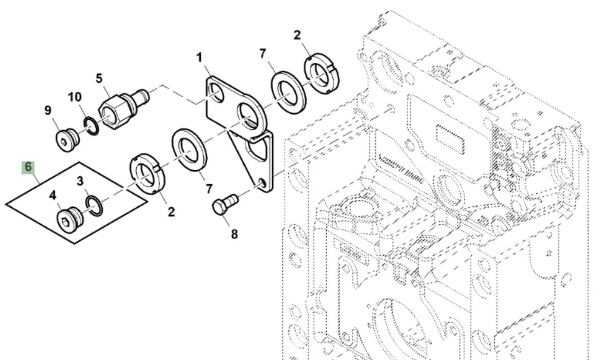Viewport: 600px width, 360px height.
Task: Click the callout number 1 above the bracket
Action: click(x=199, y=58)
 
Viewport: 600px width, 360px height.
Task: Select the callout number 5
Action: click(x=99, y=78)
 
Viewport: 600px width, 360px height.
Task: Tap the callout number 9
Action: click(x=48, y=110)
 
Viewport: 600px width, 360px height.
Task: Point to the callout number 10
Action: click(x=75, y=97)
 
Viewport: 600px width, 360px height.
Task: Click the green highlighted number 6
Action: click(x=28, y=167)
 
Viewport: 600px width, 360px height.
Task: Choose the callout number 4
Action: click(x=52, y=195)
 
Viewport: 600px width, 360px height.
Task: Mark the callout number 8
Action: click(x=234, y=234)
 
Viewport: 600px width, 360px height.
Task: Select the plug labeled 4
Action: click(x=68, y=219)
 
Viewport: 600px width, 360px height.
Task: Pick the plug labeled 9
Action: click(x=65, y=138)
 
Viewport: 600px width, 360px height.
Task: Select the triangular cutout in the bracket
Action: click(x=257, y=152)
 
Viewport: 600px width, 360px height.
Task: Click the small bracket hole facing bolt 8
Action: click(x=262, y=183)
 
